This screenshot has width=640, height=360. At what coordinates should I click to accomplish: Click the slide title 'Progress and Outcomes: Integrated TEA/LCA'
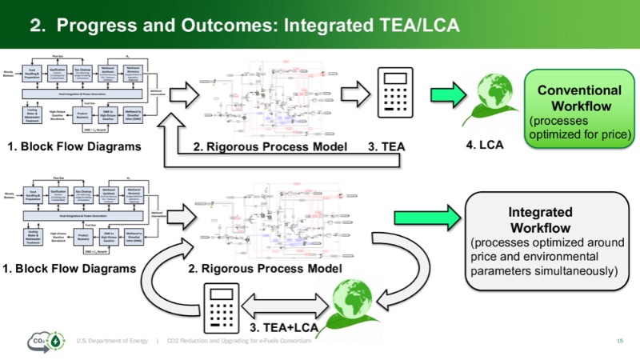coord(244,25)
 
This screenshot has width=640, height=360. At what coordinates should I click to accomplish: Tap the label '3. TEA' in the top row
coord(387,146)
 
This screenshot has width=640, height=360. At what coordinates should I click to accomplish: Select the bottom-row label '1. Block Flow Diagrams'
coord(70,269)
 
